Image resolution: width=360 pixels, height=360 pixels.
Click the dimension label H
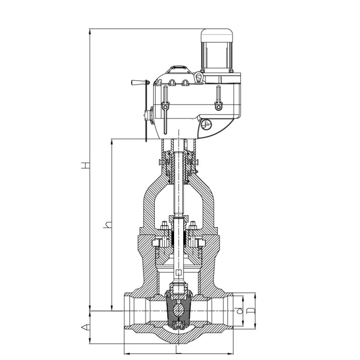[x=85, y=165]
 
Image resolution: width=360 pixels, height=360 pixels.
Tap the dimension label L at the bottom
[x=178, y=350]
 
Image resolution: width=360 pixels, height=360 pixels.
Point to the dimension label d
[x=239, y=311]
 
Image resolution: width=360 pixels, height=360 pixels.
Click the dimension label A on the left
[x=85, y=327]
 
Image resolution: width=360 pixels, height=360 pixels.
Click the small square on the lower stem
[x=178, y=273]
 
